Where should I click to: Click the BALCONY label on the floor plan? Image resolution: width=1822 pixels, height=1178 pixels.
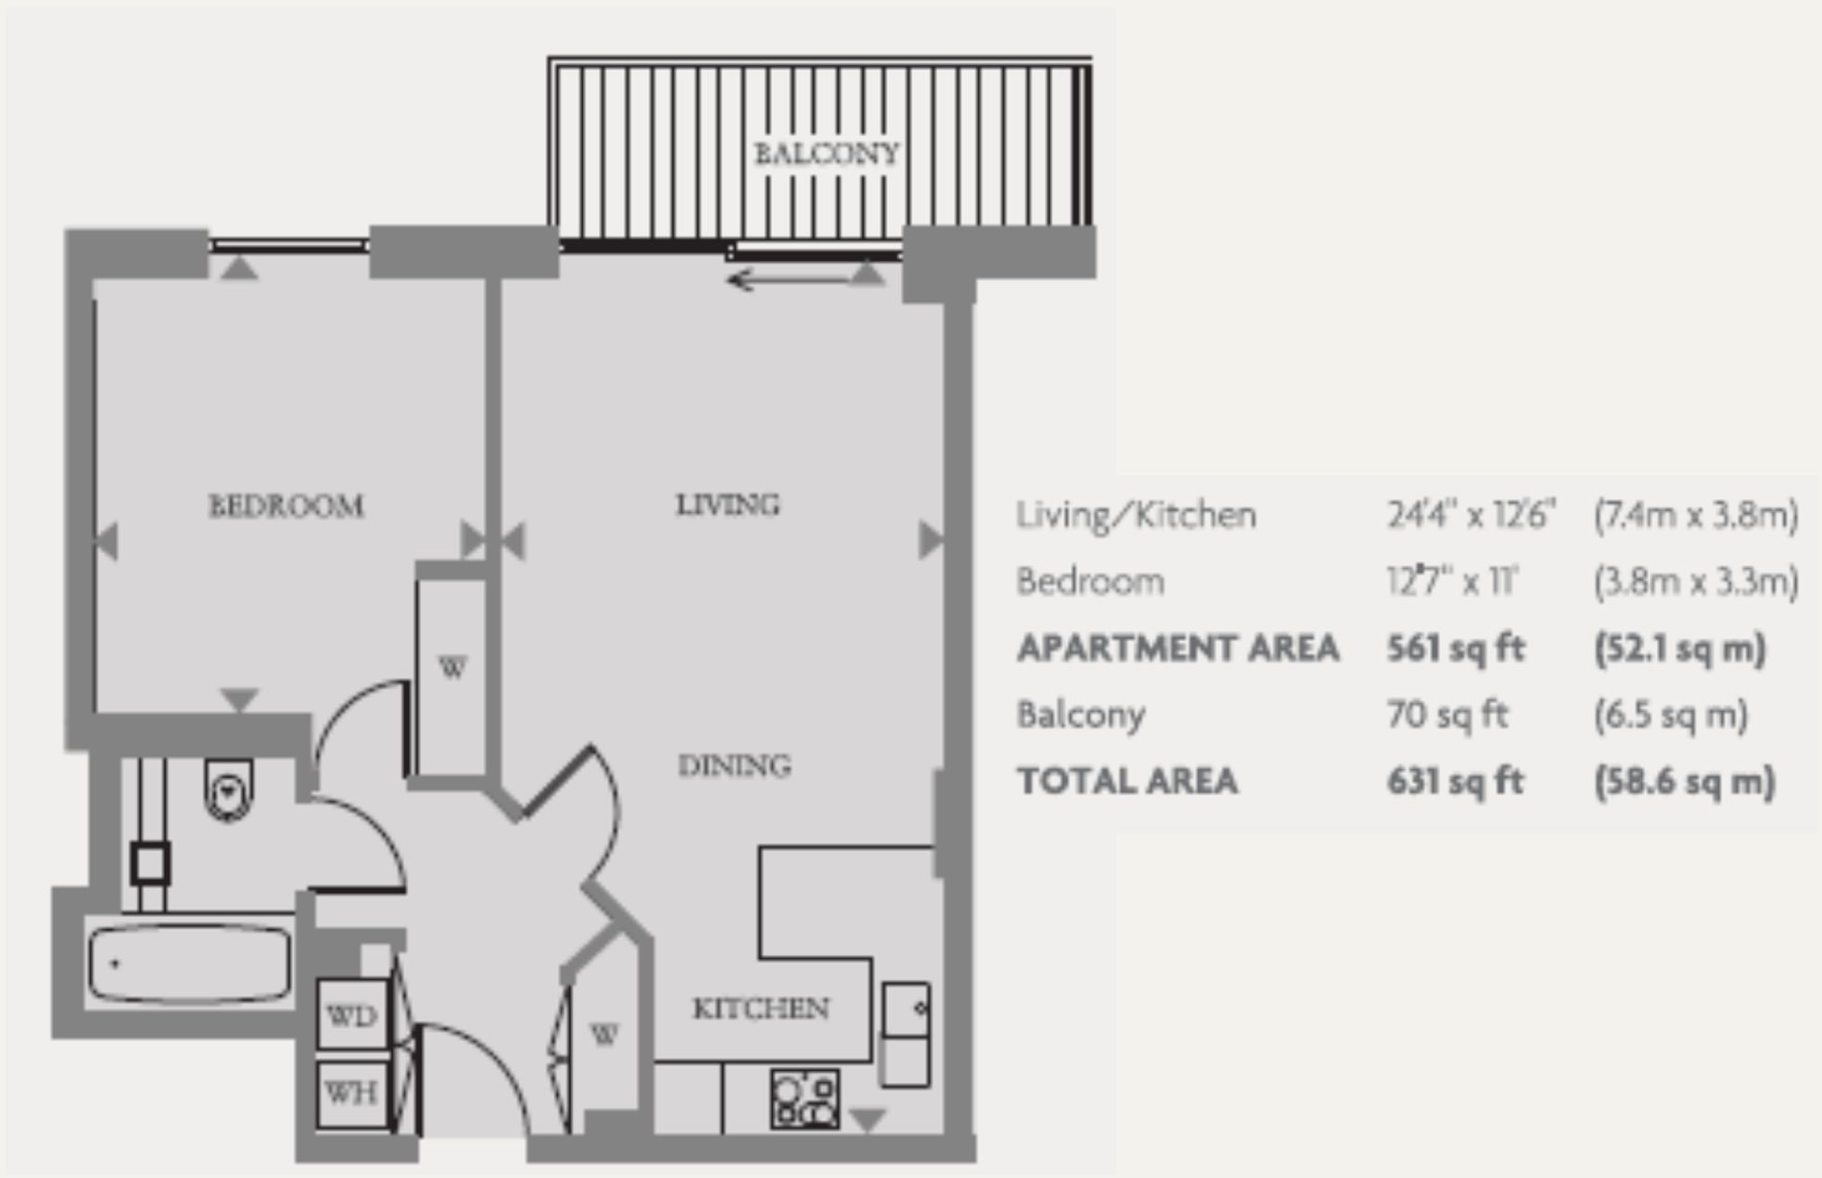pyautogui.click(x=826, y=153)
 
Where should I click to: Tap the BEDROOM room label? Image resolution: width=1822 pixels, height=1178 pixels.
pyautogui.click(x=286, y=506)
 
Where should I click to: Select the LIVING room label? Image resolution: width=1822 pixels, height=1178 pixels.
pyautogui.click(x=727, y=505)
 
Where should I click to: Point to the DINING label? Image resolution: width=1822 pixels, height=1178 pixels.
pyautogui.click(x=734, y=765)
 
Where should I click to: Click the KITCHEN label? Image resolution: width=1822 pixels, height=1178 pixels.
pyautogui.click(x=760, y=1009)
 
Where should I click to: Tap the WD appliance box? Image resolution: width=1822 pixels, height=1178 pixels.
pyautogui.click(x=352, y=1015)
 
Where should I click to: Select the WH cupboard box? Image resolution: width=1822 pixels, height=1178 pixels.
pyautogui.click(x=351, y=1092)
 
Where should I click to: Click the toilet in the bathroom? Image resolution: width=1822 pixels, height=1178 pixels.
pyautogui.click(x=228, y=791)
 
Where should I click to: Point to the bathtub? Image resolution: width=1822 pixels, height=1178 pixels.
pyautogui.click(x=190, y=964)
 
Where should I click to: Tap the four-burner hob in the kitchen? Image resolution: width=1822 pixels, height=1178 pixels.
pyautogui.click(x=805, y=1099)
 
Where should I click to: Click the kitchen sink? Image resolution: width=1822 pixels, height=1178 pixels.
pyautogui.click(x=905, y=1011)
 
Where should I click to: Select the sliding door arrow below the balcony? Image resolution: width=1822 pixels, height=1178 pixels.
pyautogui.click(x=792, y=278)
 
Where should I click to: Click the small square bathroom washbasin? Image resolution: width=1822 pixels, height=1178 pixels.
pyautogui.click(x=150, y=863)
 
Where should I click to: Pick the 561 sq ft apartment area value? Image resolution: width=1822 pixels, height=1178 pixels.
pyautogui.click(x=1455, y=648)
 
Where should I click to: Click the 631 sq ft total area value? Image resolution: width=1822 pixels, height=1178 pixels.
pyautogui.click(x=1455, y=781)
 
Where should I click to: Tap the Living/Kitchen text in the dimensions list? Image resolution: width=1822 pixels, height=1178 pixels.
pyautogui.click(x=1135, y=515)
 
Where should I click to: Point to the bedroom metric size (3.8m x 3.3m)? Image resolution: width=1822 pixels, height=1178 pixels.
pyautogui.click(x=1695, y=582)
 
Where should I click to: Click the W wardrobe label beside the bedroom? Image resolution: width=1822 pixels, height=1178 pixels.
pyautogui.click(x=452, y=668)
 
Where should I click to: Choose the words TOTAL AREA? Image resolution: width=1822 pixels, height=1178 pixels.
pyautogui.click(x=1127, y=781)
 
